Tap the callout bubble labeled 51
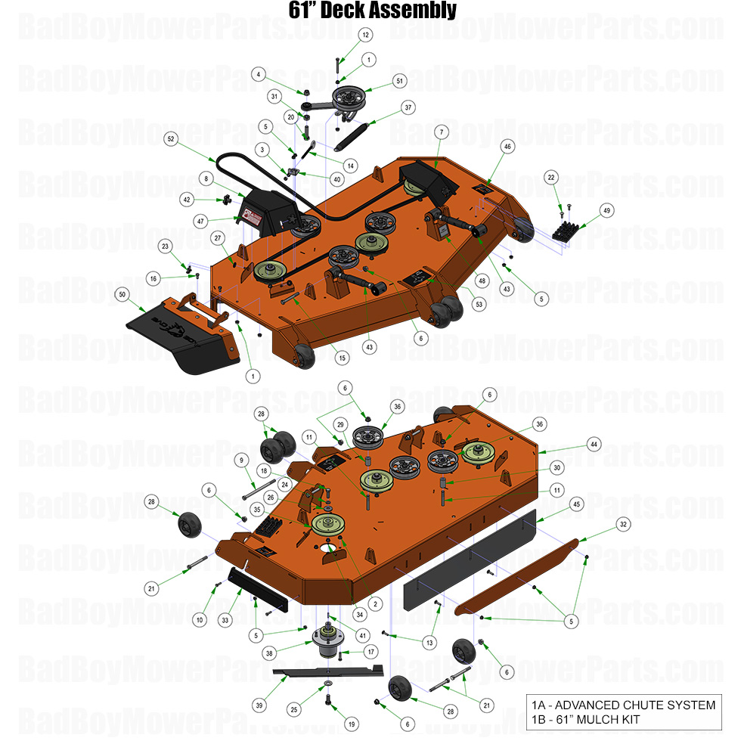399,80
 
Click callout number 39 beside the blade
259,705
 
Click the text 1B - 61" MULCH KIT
593,718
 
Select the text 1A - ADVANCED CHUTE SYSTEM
622,705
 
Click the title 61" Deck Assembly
372,10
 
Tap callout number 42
186,200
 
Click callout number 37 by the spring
408,107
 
